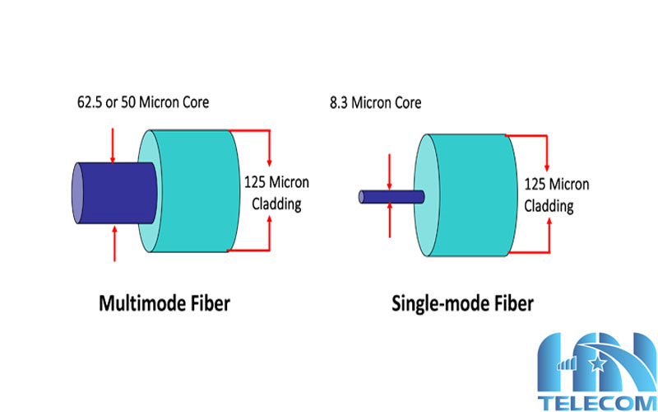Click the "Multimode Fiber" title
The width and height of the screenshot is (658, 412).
(164, 303)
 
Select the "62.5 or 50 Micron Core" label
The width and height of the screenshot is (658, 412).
(141, 104)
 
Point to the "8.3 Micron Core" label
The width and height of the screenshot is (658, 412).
(374, 104)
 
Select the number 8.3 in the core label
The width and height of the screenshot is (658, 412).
(336, 104)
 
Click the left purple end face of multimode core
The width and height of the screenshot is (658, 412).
(77, 191)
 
